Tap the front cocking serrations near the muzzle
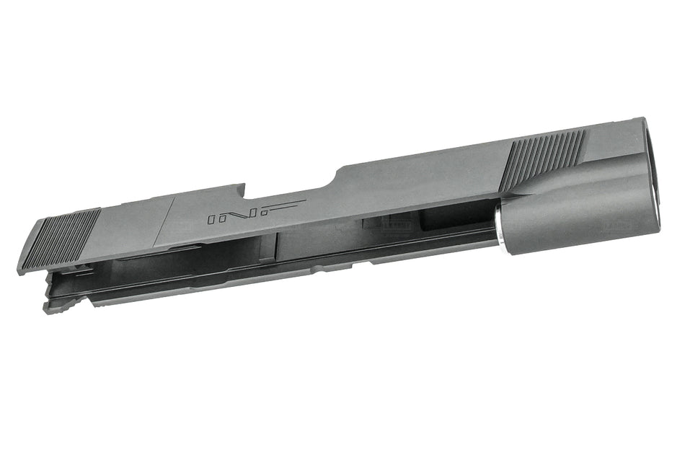pyautogui.click(x=546, y=154)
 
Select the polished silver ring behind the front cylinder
pyautogui.click(x=498, y=227)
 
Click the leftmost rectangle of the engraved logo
pyautogui.click(x=212, y=218)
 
